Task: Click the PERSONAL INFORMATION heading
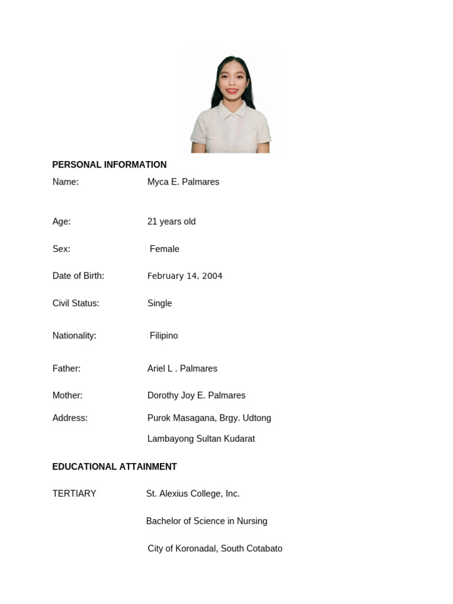[109, 165]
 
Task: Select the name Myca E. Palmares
[183, 182]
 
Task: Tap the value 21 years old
[171, 221]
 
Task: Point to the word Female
[164, 249]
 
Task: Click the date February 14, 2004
[185, 276]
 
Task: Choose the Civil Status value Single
[159, 303]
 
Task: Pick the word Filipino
[163, 336]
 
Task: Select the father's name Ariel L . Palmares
[182, 369]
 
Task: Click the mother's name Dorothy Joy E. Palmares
[196, 395]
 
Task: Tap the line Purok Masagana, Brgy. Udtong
[209, 418]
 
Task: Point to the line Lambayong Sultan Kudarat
[201, 439]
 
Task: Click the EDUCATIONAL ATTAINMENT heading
[114, 467]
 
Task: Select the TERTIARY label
[74, 494]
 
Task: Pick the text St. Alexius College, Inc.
[193, 494]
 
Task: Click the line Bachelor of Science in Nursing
[206, 521]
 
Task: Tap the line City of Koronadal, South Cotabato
[215, 549]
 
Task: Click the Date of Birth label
[78, 276]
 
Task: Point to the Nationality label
[74, 336]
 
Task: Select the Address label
[70, 418]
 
